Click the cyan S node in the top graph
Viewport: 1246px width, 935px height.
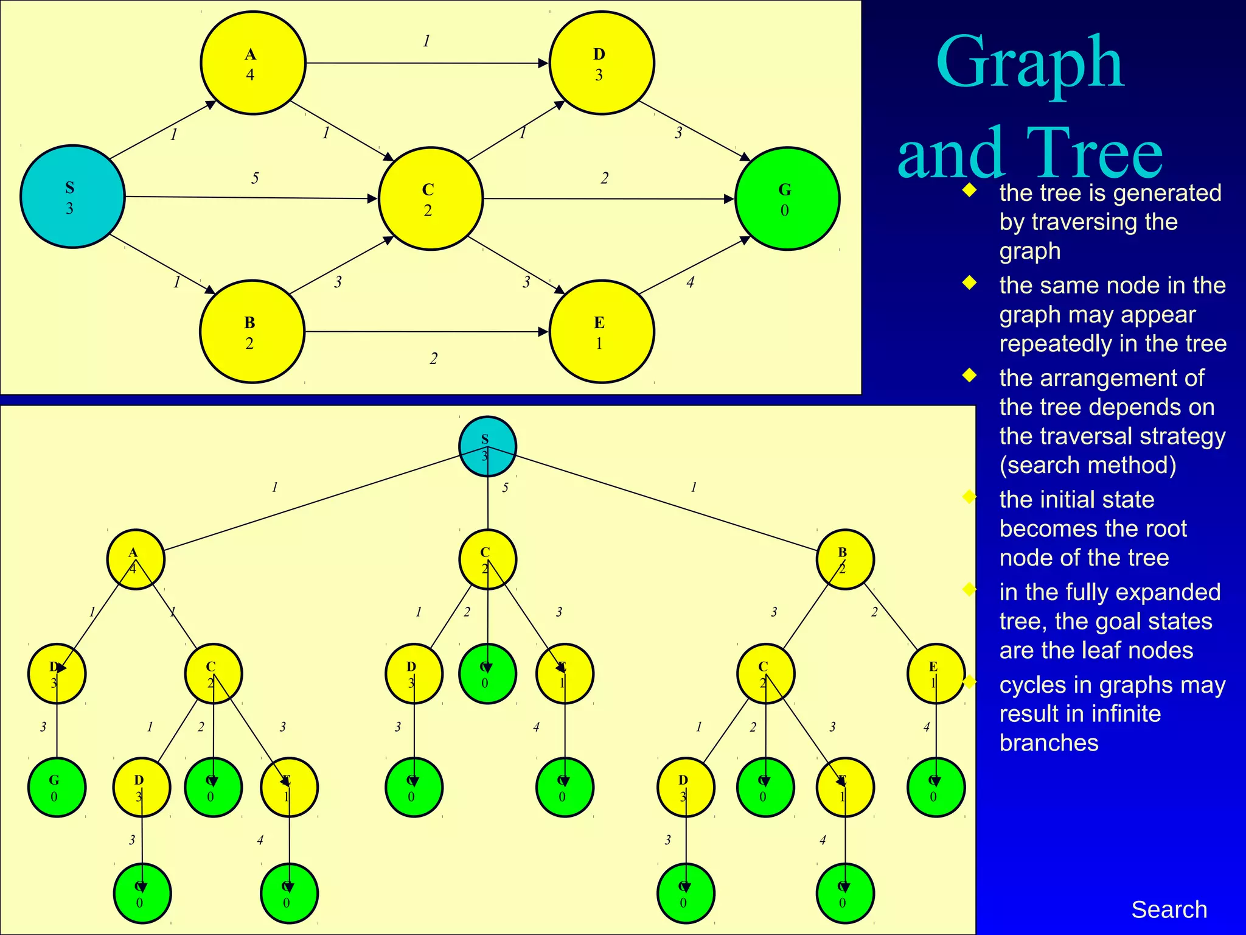72,197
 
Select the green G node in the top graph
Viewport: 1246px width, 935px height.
787,198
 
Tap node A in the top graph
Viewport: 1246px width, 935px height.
253,63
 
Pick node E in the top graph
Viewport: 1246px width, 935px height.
602,332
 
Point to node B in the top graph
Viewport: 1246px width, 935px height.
252,332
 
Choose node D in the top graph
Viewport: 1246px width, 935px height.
602,63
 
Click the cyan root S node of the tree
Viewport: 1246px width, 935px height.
487,446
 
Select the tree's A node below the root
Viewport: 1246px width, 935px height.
136,559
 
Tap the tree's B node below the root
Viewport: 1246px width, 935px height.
845,559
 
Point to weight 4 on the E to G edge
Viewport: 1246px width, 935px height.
691,282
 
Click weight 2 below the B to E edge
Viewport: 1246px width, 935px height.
434,359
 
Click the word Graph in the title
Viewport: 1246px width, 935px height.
1029,64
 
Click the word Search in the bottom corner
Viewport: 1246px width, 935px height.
1169,909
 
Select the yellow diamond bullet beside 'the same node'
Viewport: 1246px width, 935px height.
969,283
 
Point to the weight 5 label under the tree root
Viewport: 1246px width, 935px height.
506,488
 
